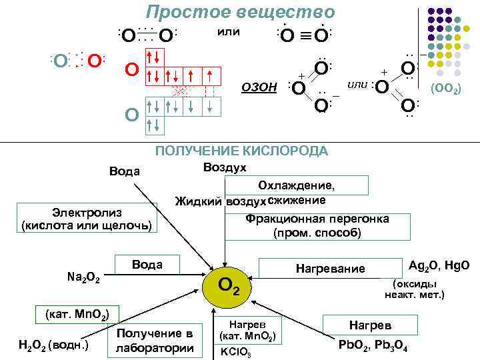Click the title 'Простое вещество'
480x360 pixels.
[241, 12]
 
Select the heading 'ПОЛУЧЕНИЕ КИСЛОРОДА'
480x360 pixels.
[241, 151]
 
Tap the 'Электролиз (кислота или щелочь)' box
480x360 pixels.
[89, 218]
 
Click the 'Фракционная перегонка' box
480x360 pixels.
[317, 226]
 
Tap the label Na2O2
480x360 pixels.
[84, 276]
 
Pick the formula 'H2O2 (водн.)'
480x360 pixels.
[53, 344]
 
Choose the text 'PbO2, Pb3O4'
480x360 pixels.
[373, 347]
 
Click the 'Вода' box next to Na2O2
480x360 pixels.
[147, 264]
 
